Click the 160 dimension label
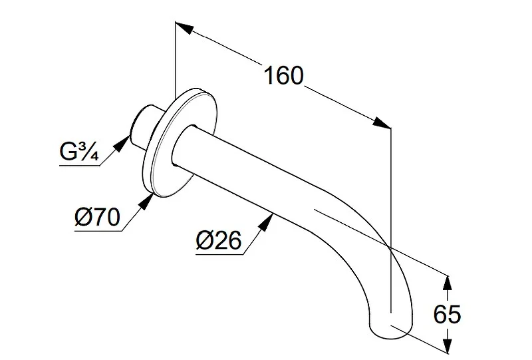coord(283,75)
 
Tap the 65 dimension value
coord(447,314)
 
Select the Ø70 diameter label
coord(97,217)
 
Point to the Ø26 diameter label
coord(219,240)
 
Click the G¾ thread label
coord(79,151)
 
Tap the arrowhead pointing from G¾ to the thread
coord(122,143)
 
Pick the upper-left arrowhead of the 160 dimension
coord(185,27)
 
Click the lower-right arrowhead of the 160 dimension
coord(382,123)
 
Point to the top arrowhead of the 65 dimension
coord(448,283)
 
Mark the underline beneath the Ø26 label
coord(219,254)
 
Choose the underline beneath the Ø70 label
coord(98,231)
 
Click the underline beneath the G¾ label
coord(80,166)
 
